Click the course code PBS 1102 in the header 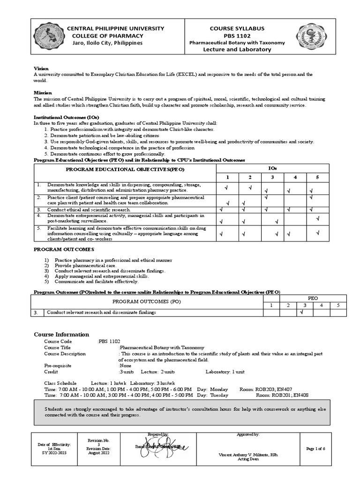237,36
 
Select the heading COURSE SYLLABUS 237,29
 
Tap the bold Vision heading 41,68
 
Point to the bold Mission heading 43,93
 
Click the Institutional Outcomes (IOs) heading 66,117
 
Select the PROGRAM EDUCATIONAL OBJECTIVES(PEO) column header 125,168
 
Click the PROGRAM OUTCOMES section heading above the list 64,249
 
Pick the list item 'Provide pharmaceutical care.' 85,265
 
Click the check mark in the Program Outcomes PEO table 302,312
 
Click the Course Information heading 61,334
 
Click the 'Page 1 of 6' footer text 315,449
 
